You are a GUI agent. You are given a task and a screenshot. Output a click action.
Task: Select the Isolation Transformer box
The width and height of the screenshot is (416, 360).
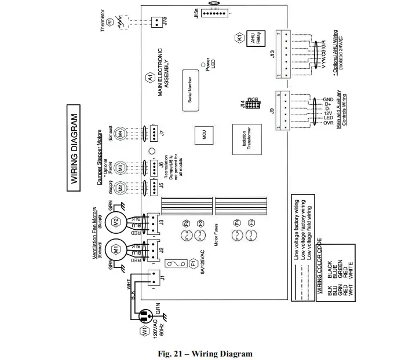tap(244, 141)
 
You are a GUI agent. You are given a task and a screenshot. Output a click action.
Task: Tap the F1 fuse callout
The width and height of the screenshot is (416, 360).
tap(194, 264)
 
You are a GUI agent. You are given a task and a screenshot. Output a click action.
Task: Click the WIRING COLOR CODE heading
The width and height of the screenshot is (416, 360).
tap(319, 263)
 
